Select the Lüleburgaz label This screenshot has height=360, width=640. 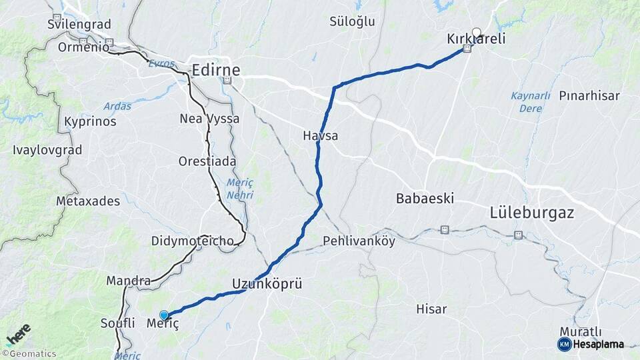point(532,213)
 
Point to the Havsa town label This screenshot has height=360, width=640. point(320,136)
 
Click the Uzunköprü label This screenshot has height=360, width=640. point(267,284)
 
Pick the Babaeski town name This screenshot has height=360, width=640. point(425,198)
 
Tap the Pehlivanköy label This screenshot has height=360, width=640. point(359,241)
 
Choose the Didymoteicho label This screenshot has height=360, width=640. point(192,241)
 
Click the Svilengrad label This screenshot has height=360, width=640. point(79,25)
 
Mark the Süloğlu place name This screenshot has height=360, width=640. point(353,21)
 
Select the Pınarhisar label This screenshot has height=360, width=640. point(589,95)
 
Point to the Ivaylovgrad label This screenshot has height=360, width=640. point(47,150)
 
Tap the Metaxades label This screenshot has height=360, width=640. point(88,201)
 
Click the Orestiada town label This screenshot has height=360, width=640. point(206,161)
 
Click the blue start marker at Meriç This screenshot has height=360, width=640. point(163,315)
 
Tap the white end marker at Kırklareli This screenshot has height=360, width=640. point(476,31)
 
